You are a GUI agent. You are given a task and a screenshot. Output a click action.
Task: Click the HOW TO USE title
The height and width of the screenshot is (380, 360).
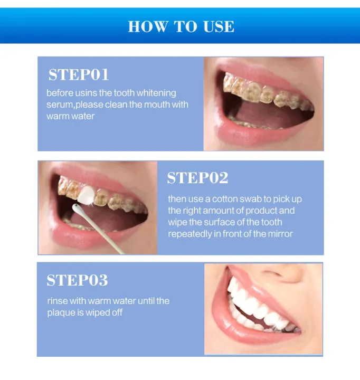(181, 26)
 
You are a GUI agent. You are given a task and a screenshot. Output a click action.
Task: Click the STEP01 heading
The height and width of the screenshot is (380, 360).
(79, 75)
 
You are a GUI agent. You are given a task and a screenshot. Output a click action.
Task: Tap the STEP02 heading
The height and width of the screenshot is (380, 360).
(197, 178)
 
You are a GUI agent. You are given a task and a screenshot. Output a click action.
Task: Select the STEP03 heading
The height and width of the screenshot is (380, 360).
(77, 280)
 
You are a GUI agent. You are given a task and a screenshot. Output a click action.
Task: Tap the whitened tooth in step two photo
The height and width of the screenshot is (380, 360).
(88, 194)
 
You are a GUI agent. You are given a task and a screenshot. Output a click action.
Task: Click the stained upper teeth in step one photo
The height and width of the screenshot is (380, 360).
(264, 93)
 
